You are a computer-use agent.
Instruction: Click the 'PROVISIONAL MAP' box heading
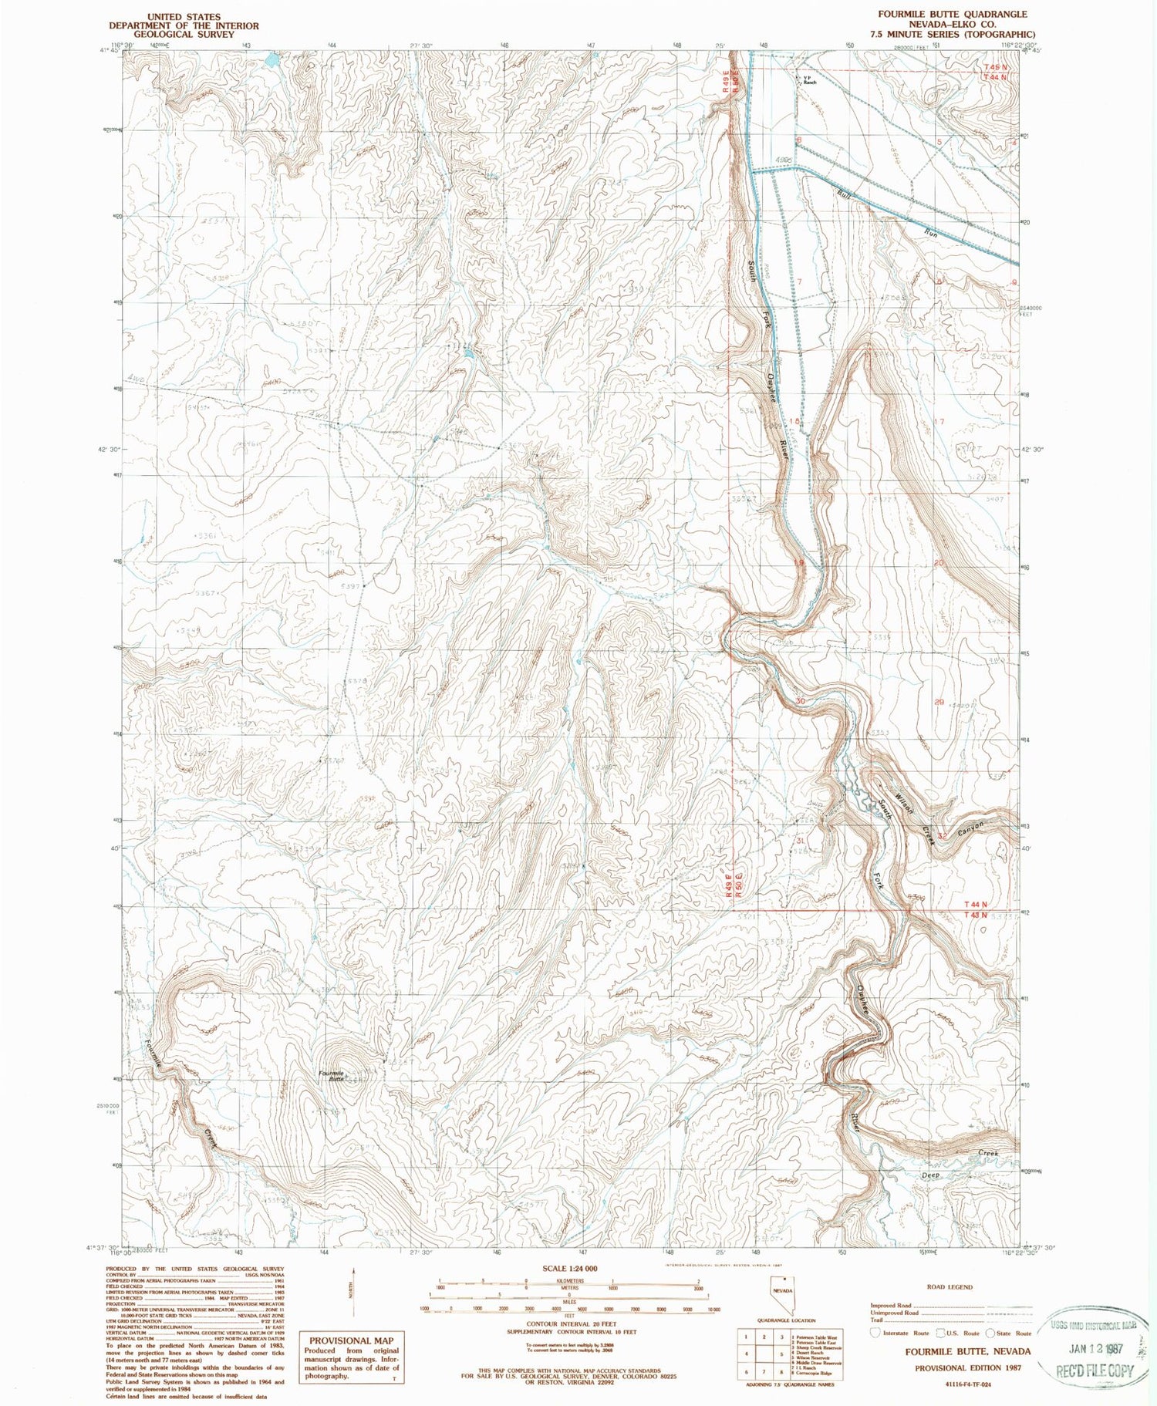352,1340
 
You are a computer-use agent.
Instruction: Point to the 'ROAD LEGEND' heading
949,1286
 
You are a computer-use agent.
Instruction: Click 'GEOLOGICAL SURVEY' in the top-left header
184,35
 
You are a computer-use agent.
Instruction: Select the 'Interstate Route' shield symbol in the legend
875,1332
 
